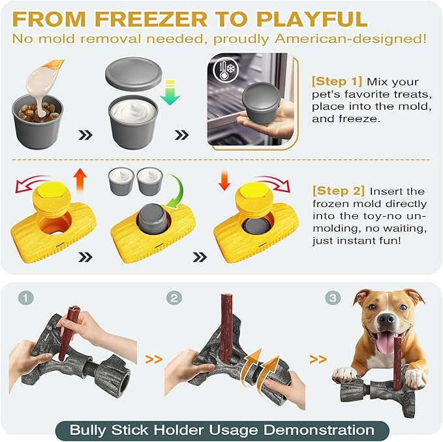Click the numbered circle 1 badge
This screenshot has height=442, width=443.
(x=24, y=297)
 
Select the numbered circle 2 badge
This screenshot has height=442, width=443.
(x=174, y=297)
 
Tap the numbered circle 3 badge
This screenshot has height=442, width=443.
(x=331, y=297)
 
